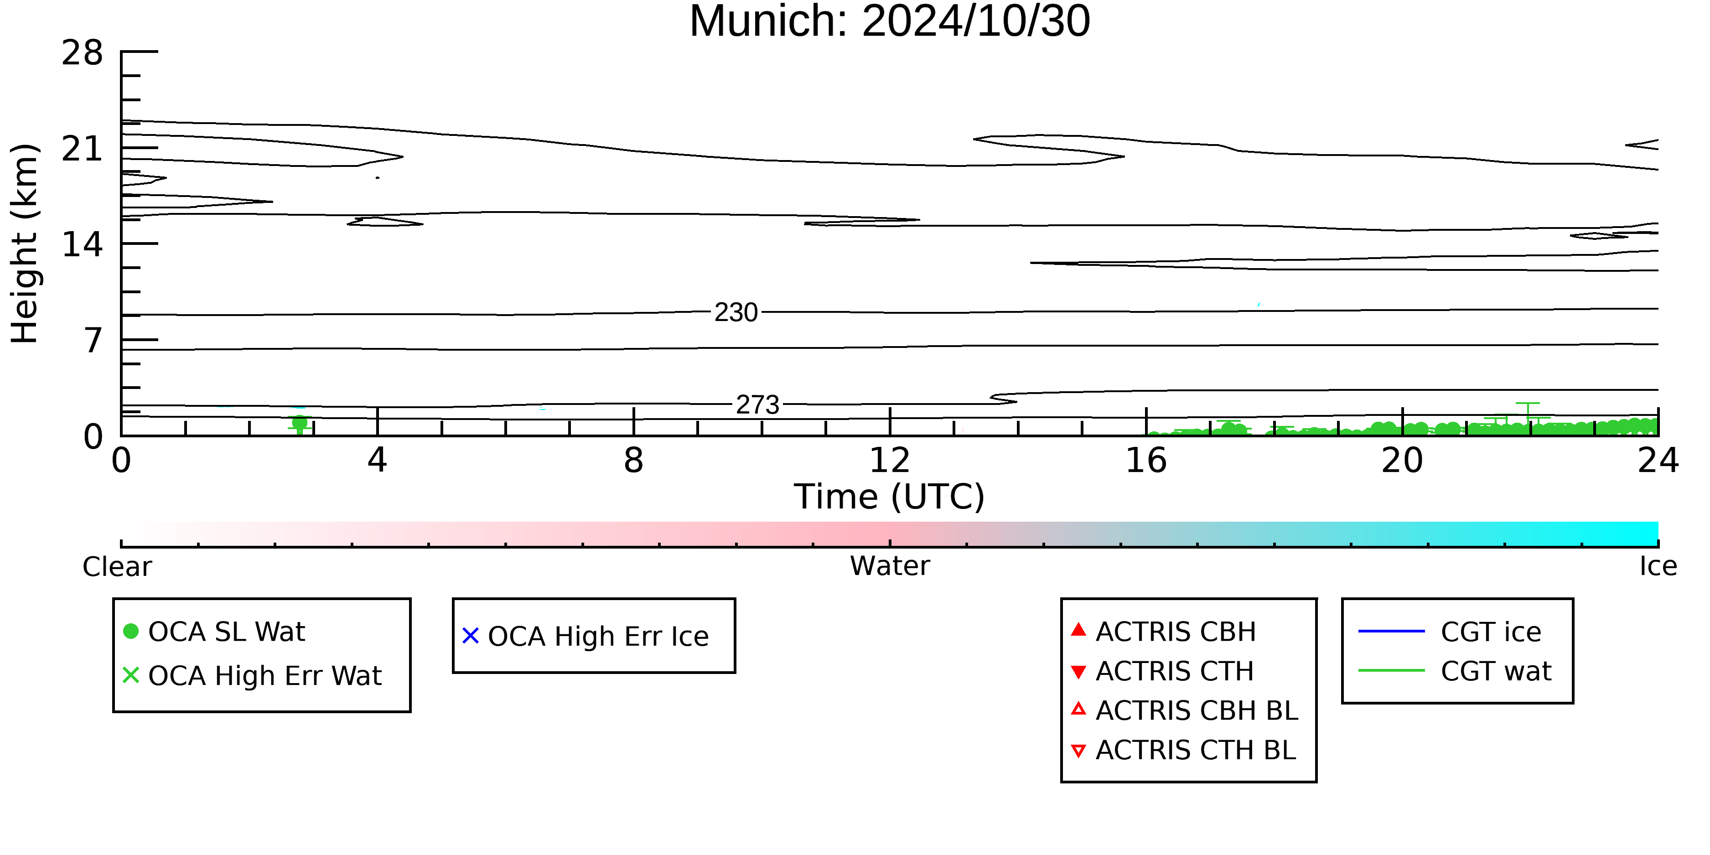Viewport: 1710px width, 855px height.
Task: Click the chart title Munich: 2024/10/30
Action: pos(890,21)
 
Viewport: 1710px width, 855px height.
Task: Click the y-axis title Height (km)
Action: pos(25,244)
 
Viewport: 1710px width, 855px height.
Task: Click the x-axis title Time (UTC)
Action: pos(890,497)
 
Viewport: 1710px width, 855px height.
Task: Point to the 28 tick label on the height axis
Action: pos(83,52)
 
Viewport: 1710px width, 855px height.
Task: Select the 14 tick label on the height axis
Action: pos(83,244)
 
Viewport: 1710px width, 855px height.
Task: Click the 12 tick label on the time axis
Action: pos(890,460)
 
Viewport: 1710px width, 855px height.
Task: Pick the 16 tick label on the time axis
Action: pos(1146,460)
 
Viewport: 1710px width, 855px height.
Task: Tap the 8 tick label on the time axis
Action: pos(634,460)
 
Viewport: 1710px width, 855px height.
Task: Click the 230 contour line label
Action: pos(736,312)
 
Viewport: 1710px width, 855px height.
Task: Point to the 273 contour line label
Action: pos(757,404)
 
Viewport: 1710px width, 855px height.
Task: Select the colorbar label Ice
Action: pos(1658,566)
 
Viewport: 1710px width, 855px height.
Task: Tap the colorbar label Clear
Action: pos(117,567)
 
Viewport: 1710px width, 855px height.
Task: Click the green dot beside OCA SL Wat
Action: pos(131,631)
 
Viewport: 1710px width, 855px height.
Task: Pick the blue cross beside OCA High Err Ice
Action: pos(471,636)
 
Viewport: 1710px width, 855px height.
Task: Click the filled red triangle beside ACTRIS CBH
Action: pos(1079,629)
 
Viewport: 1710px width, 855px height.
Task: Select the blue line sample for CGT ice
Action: pos(1391,631)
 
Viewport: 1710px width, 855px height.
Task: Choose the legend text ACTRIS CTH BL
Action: pos(1196,750)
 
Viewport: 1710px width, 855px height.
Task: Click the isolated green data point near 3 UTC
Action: pos(300,422)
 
